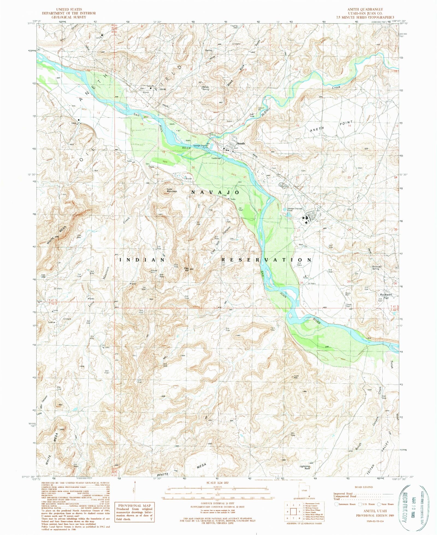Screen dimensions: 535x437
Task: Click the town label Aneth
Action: [241, 143]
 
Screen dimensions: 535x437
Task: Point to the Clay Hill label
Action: [187, 269]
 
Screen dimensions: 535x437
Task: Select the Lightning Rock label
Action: [305, 467]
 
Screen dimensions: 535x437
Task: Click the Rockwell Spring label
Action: [377, 268]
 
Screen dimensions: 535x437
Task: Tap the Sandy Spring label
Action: [205, 88]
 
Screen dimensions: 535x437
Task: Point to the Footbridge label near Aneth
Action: [216, 158]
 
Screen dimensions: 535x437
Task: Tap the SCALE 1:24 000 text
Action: [217, 483]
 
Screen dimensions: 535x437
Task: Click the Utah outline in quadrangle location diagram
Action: [304, 490]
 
